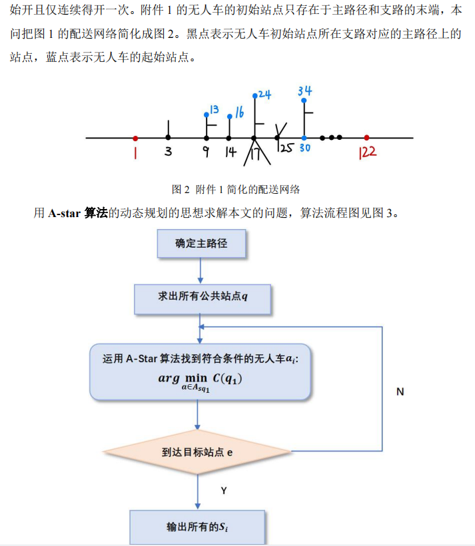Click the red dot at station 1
[135, 138]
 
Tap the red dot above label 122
[366, 138]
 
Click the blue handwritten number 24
[264, 95]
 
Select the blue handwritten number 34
[304, 91]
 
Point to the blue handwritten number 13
[214, 109]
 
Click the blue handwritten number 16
[238, 111]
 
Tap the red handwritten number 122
[368, 152]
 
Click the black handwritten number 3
[168, 152]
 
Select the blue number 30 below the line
[304, 148]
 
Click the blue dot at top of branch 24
[255, 96]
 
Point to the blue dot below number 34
[304, 101]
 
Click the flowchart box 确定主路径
[201, 244]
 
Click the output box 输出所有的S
[197, 527]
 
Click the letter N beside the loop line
[400, 392]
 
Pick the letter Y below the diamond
[224, 490]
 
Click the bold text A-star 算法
[78, 213]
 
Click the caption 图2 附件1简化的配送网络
[240, 189]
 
